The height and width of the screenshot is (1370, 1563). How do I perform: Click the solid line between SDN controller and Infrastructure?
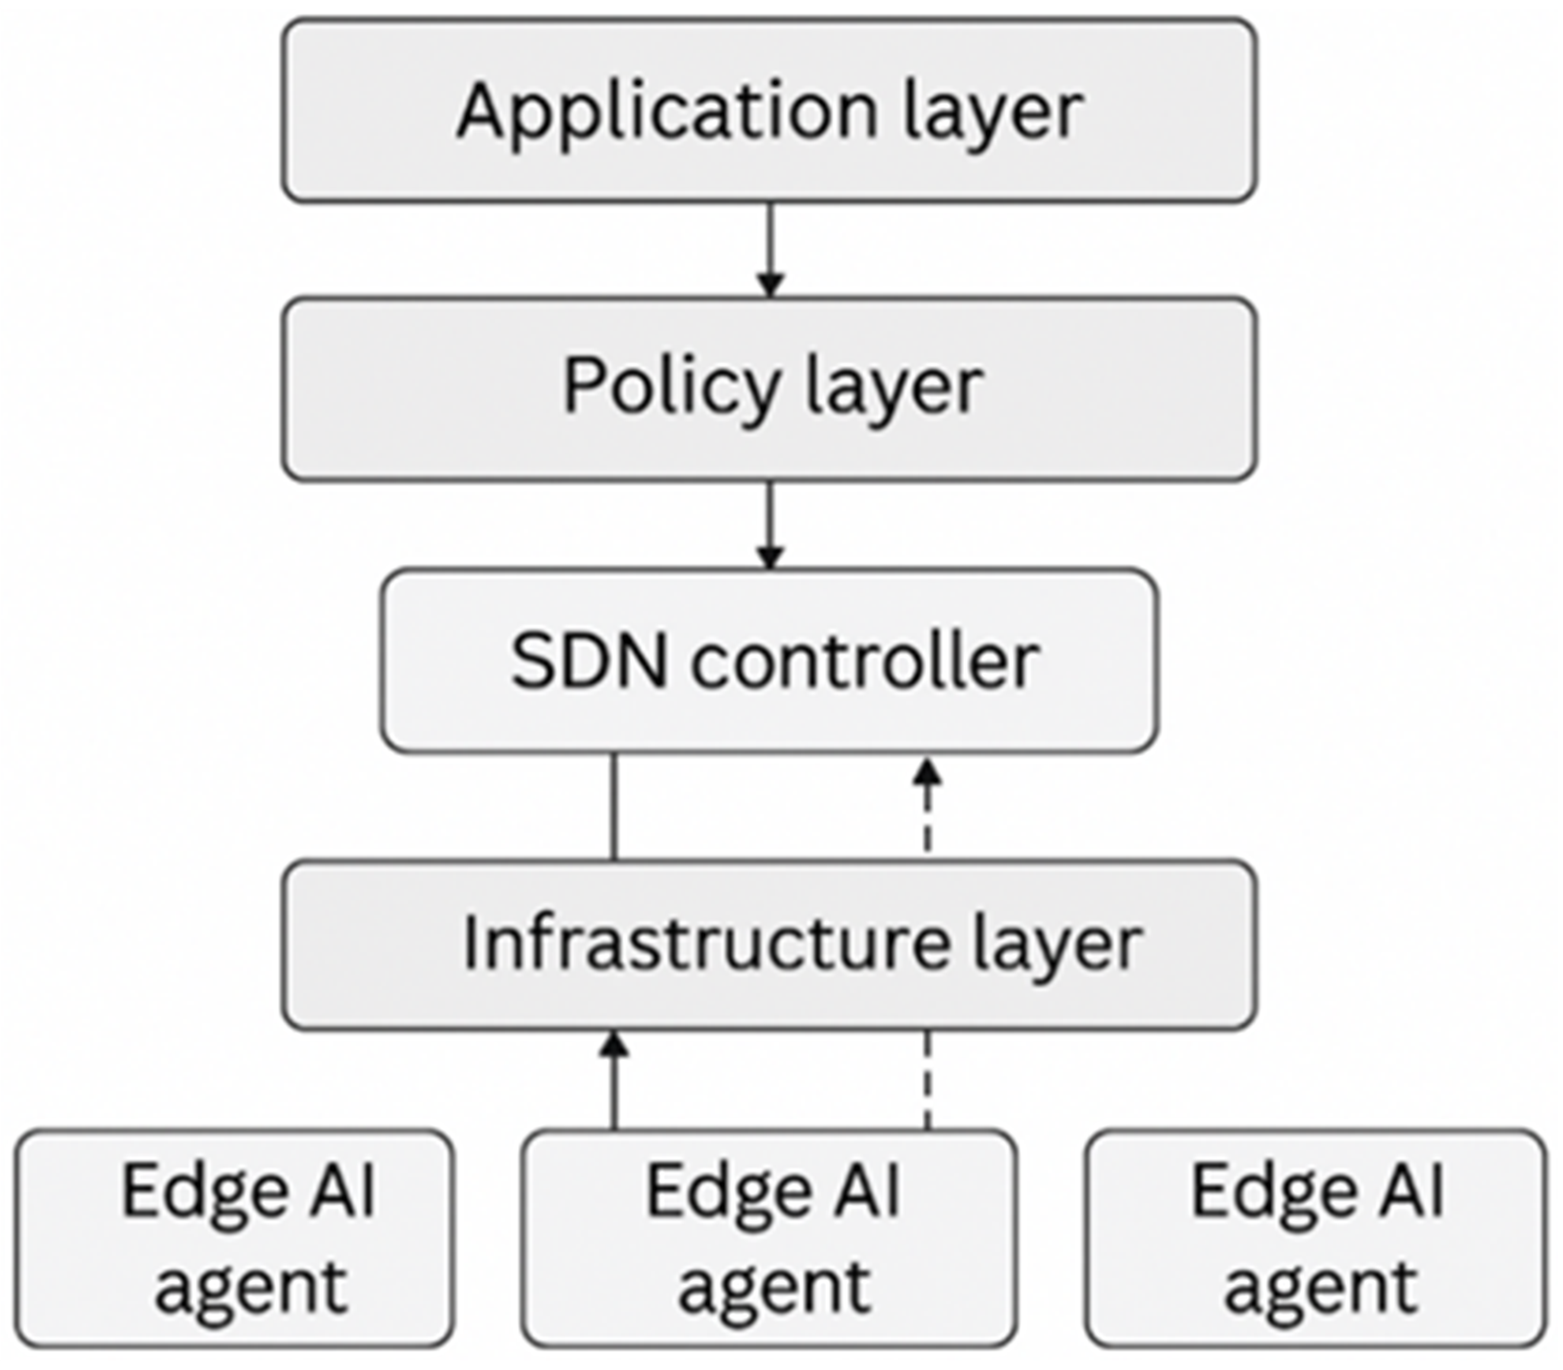613,806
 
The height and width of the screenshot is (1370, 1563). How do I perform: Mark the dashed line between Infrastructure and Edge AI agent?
927,1080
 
